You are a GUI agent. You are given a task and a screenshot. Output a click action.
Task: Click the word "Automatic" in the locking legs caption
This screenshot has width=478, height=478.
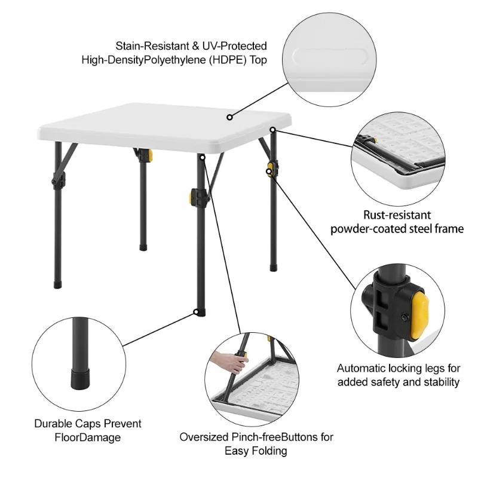359,369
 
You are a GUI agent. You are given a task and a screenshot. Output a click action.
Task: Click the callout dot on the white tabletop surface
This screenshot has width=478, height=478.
229,117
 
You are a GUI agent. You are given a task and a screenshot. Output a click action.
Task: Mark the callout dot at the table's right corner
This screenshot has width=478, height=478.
272,130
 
